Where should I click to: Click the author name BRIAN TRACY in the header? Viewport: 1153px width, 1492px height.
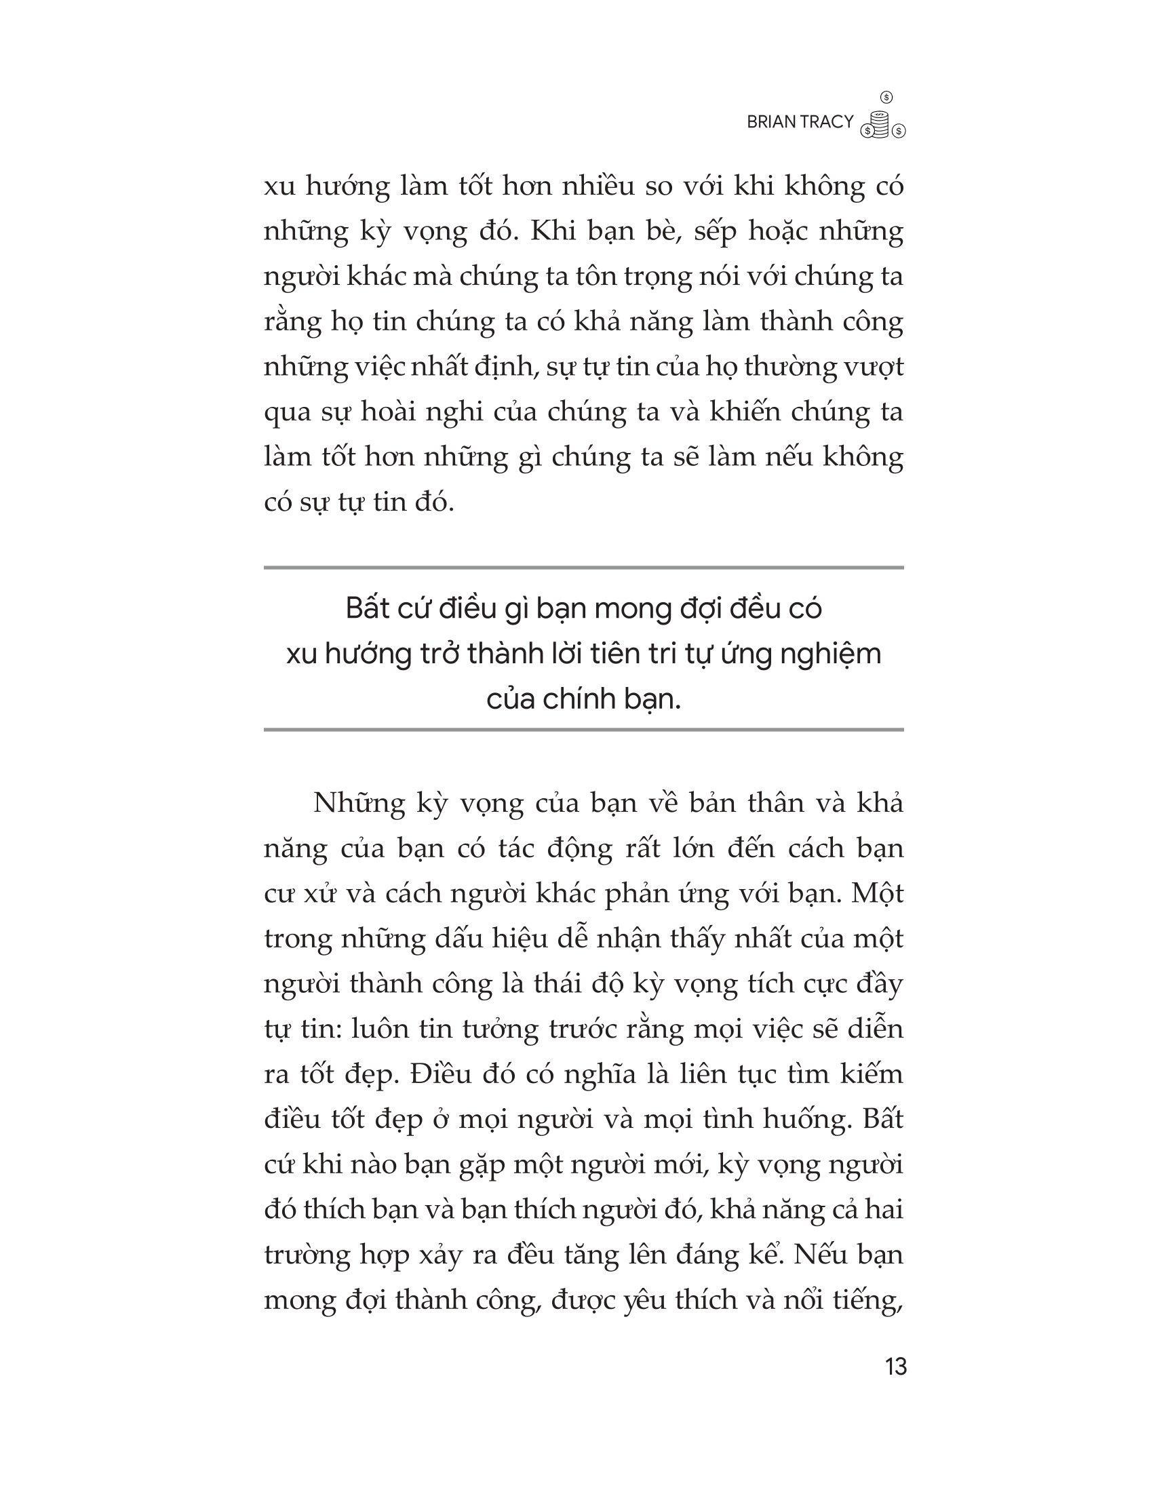[x=800, y=122]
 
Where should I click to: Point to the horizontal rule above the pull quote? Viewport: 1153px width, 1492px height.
[x=583, y=568]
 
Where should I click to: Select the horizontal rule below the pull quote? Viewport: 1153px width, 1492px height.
[x=583, y=730]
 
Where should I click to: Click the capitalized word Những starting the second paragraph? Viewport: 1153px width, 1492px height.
[x=359, y=804]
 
